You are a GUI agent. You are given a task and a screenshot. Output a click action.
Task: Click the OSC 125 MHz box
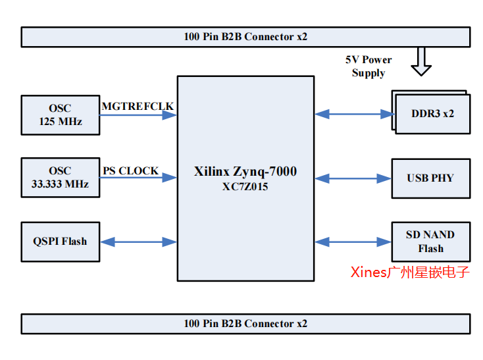(x=61, y=115)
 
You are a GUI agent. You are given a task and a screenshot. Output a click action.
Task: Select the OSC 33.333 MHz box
(x=61, y=178)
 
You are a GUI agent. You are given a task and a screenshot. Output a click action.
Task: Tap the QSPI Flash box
(x=61, y=242)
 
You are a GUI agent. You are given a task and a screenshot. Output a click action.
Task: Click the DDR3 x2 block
(x=432, y=113)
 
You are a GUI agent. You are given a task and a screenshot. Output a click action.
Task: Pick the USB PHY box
(x=431, y=178)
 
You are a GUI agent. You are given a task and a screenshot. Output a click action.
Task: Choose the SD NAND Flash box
(x=431, y=242)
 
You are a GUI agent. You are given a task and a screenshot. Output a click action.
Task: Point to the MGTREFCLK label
(x=138, y=105)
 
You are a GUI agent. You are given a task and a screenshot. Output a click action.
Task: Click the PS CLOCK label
(x=130, y=170)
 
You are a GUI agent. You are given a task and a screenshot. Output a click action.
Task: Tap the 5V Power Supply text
(x=369, y=66)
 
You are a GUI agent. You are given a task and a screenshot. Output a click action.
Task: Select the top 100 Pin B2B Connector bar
(x=245, y=37)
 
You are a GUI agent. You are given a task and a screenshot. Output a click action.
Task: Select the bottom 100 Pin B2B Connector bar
(x=245, y=324)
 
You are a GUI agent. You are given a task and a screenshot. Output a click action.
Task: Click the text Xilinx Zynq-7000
(x=245, y=172)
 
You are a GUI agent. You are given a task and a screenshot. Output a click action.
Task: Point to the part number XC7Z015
(x=245, y=186)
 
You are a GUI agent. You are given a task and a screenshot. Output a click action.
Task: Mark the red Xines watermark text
(x=410, y=272)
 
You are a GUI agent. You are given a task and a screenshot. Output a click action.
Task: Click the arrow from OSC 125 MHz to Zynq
(x=138, y=115)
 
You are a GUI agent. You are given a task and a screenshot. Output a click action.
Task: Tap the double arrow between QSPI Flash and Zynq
(x=138, y=242)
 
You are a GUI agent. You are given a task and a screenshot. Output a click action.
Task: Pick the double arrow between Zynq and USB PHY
(x=353, y=178)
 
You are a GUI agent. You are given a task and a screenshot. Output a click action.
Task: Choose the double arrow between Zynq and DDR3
(x=353, y=114)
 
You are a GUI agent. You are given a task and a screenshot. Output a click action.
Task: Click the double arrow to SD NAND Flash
(x=353, y=242)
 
